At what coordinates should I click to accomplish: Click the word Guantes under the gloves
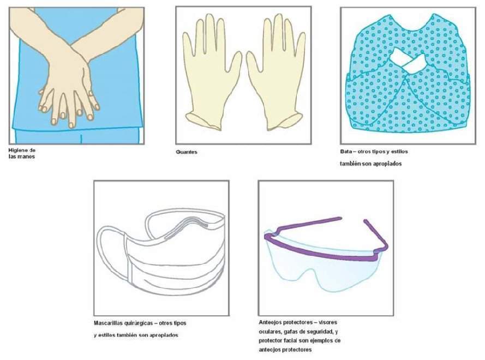tap(186, 152)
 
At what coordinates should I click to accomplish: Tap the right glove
tap(276, 74)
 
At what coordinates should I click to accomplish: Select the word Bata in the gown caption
tap(346, 152)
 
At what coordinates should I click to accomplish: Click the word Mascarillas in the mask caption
tap(108, 323)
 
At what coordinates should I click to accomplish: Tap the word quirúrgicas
tap(139, 323)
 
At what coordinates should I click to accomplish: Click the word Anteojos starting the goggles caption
tap(270, 322)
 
